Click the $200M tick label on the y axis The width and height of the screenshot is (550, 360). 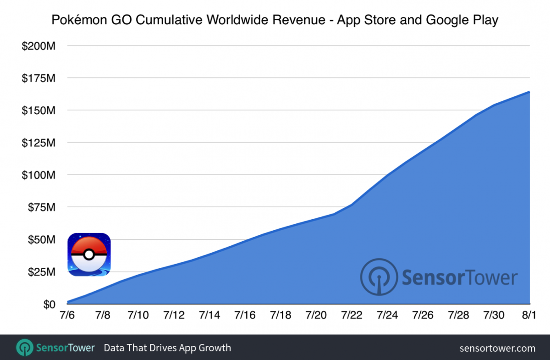pos(38,46)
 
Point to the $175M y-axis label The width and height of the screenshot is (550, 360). pos(38,78)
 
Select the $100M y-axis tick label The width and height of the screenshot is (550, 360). pos(38,175)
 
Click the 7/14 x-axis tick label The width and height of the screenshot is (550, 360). pos(209,316)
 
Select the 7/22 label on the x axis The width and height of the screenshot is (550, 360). pos(352,316)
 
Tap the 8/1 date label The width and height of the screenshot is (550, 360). pos(529,316)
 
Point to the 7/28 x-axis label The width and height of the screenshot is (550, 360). pos(458,316)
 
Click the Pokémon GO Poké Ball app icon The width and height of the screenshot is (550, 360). pos(89,255)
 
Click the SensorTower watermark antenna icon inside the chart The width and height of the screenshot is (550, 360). pos(379,277)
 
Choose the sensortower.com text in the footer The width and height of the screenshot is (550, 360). pos(497,348)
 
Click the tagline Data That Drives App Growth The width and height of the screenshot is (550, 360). pos(167,348)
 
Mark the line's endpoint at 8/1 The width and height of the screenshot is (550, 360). pos(529,92)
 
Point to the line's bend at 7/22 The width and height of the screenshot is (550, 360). pos(352,205)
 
